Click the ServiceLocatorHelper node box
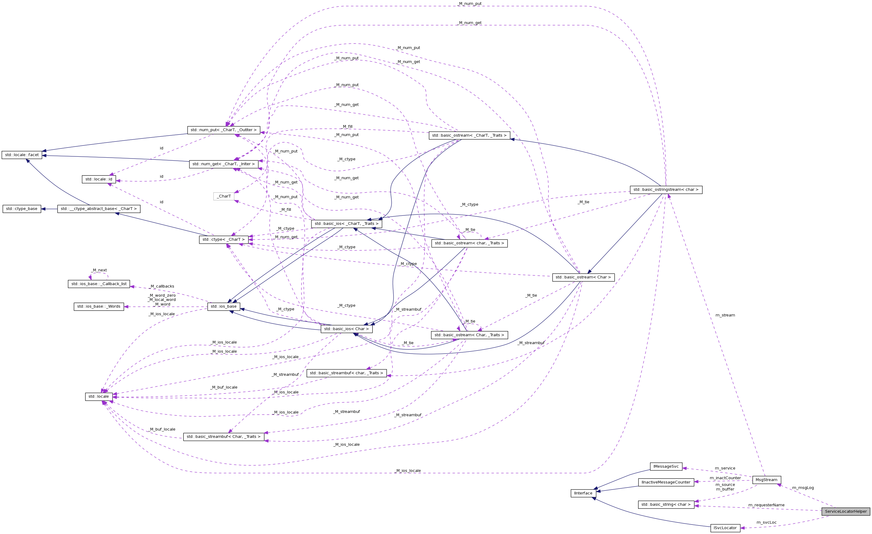846,511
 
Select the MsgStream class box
766,480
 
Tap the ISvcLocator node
725,528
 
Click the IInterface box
583,493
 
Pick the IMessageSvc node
666,466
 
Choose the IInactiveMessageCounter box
666,482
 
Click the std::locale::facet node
22,155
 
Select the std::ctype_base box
22,209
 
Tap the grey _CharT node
224,196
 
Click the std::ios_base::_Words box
99,306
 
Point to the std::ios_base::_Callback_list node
99,284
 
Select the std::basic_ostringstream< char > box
666,190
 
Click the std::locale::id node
99,179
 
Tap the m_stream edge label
725,315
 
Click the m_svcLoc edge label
766,522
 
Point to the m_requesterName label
766,505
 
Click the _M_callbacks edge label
162,286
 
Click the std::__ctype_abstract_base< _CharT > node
99,209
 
